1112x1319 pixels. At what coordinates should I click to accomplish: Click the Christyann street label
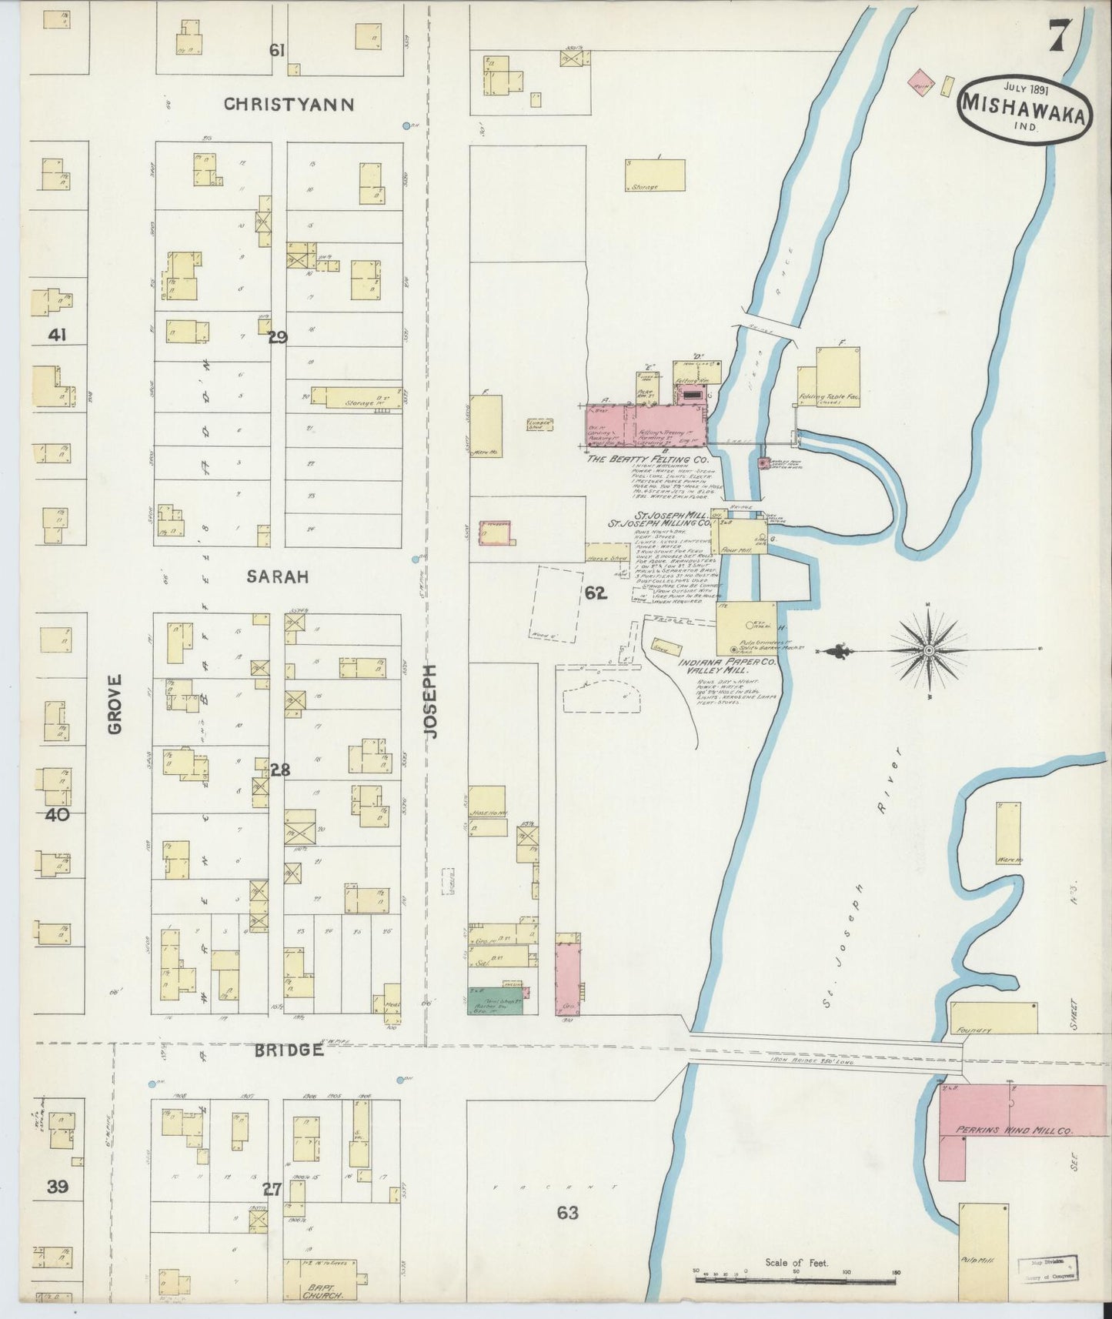pyautogui.click(x=289, y=105)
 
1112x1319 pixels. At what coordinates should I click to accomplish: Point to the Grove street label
pyautogui.click(x=115, y=704)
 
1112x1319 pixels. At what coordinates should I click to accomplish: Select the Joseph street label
pyautogui.click(x=431, y=702)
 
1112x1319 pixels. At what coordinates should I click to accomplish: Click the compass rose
pyautogui.click(x=929, y=650)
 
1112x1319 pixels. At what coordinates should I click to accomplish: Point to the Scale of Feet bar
pyautogui.click(x=796, y=1280)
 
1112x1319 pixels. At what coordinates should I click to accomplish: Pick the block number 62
pyautogui.click(x=595, y=593)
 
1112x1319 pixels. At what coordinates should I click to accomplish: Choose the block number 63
pyautogui.click(x=567, y=1214)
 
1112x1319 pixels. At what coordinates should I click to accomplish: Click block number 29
pyautogui.click(x=277, y=336)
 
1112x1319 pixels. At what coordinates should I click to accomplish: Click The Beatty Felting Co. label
pyautogui.click(x=643, y=459)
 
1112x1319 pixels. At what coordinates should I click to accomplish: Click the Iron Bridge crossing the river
pyautogui.click(x=823, y=1050)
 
